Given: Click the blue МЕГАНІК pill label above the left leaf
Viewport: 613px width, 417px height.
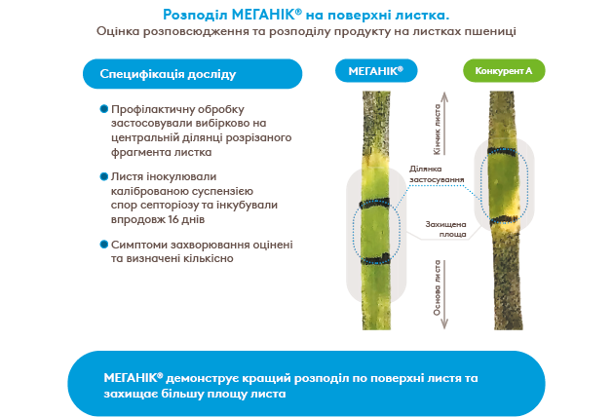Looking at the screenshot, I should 375,71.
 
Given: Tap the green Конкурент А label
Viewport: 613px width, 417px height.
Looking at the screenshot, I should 503,72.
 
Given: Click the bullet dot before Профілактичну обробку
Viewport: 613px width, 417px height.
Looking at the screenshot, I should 103,110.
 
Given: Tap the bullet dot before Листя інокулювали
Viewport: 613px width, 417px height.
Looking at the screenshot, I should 103,177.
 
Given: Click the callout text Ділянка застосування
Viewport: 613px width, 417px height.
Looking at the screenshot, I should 431,173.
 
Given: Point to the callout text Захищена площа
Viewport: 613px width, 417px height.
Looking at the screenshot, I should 444,229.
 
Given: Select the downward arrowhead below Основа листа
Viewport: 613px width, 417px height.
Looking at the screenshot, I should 438,322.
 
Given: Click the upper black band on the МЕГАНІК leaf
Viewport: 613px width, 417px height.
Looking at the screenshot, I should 374,204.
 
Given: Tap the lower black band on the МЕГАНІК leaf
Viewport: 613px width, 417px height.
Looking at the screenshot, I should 374,260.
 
